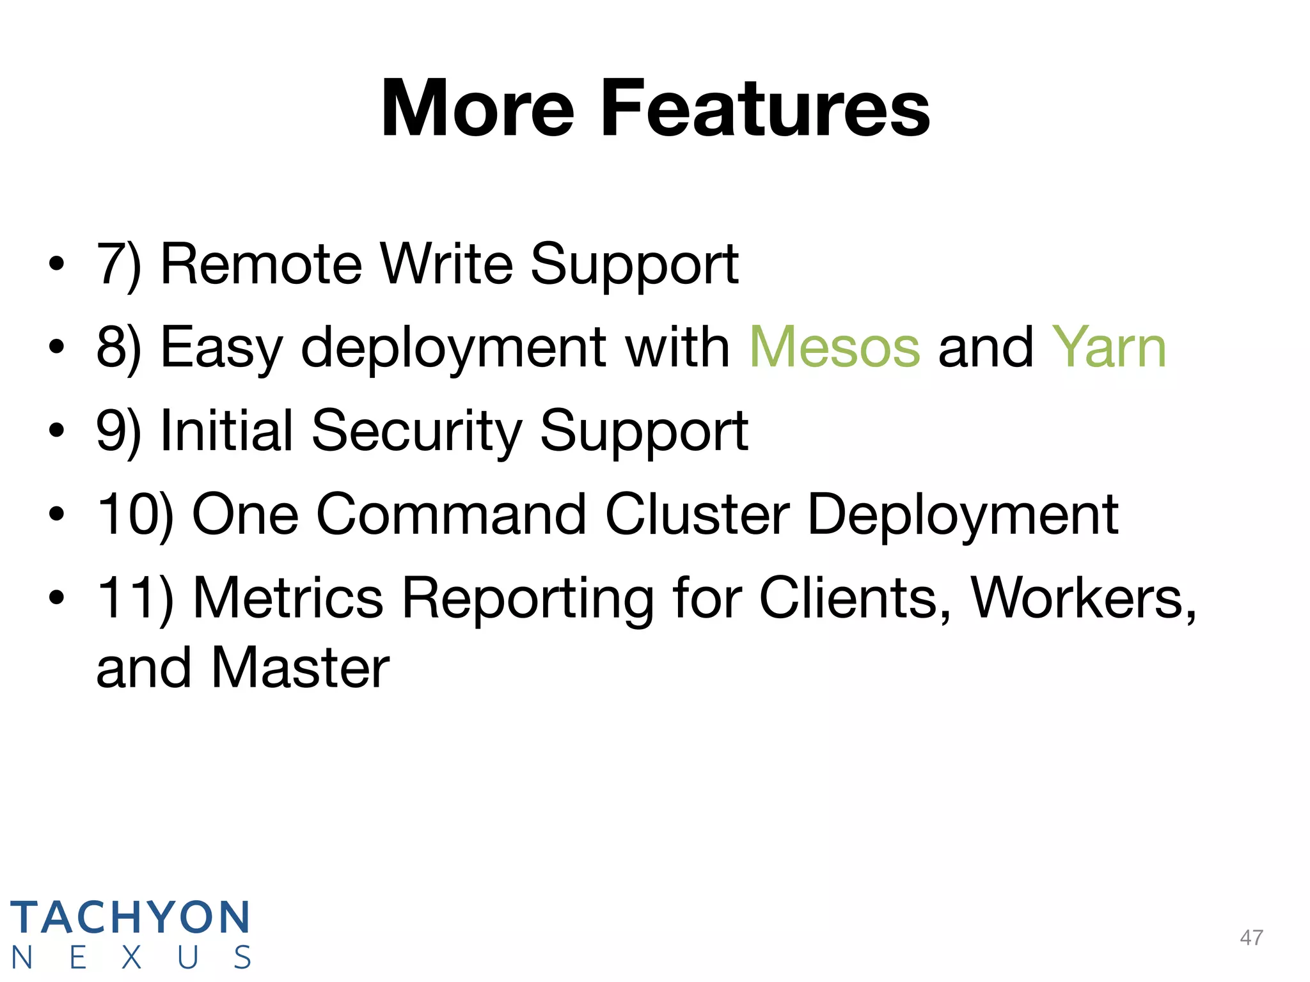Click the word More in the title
(x=477, y=109)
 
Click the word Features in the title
(x=765, y=109)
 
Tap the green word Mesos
(x=835, y=347)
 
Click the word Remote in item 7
(x=261, y=264)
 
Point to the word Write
(x=446, y=264)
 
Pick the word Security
(x=417, y=431)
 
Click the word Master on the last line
(x=300, y=668)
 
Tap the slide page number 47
(x=1251, y=937)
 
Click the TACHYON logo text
(x=130, y=917)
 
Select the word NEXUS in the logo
(x=130, y=958)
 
